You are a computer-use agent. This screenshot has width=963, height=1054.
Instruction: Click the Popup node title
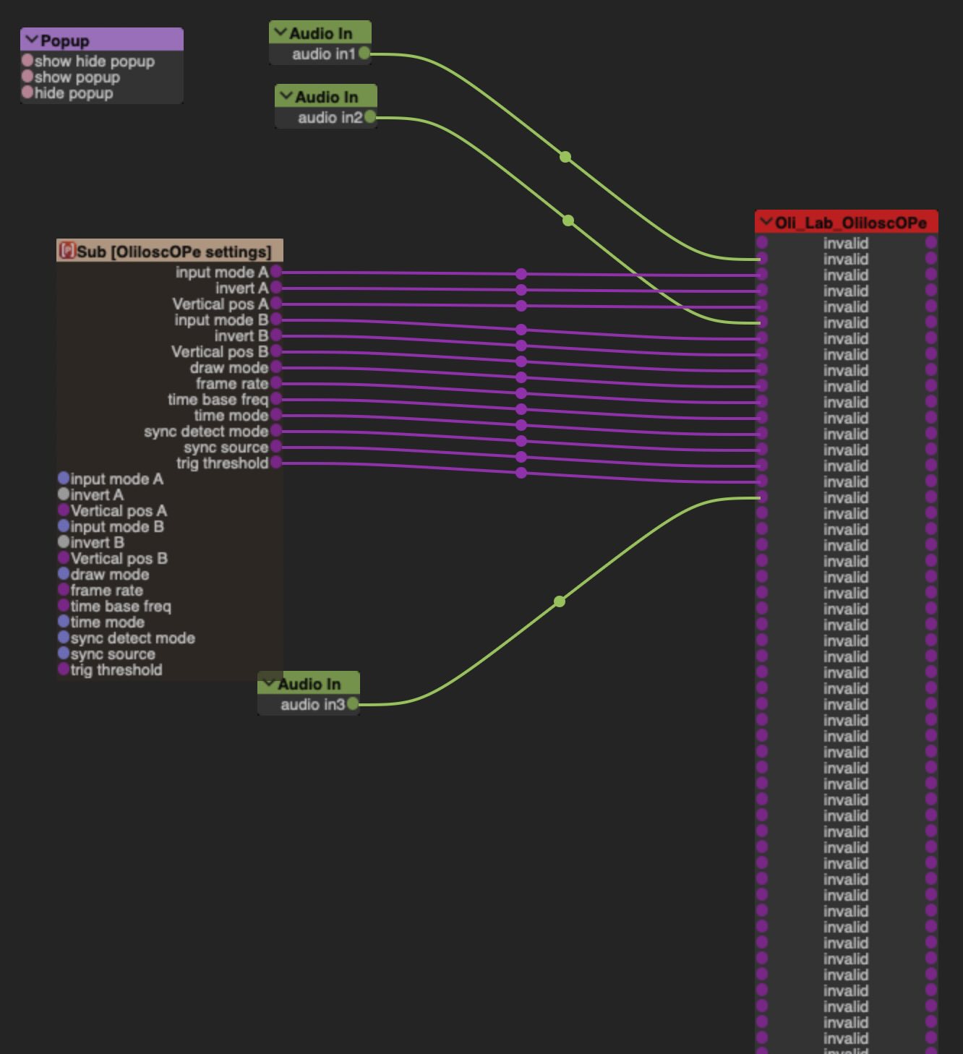point(65,40)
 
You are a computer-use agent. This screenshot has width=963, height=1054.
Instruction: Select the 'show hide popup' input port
point(27,61)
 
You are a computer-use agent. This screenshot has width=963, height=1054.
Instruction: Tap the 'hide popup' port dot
point(27,93)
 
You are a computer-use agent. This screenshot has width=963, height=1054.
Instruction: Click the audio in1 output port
point(364,53)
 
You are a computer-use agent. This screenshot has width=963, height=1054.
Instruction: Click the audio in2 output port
point(370,117)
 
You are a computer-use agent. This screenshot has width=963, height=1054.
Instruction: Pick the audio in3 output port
point(353,704)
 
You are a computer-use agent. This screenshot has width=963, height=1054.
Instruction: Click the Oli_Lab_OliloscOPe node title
point(850,223)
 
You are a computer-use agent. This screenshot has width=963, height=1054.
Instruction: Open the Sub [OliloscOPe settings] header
point(174,252)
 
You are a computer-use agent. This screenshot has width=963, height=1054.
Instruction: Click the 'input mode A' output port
point(276,273)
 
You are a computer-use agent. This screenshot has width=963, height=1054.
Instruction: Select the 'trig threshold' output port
point(276,463)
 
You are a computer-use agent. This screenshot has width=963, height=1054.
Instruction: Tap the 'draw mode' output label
point(228,368)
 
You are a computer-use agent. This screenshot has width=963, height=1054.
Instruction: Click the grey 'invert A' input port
point(64,494)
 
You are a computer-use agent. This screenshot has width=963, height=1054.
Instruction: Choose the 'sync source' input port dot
point(64,654)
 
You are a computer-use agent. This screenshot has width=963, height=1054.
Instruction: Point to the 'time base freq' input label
point(121,607)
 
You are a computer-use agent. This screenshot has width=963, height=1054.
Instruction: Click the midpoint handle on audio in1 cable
point(565,157)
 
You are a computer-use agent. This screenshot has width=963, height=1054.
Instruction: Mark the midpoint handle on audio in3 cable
point(560,601)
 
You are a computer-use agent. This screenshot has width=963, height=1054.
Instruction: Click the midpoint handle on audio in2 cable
point(568,220)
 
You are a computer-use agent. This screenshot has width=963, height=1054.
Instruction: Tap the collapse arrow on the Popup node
point(31,40)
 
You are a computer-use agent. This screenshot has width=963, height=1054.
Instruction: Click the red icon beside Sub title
point(67,251)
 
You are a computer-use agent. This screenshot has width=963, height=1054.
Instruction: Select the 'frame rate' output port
point(276,384)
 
